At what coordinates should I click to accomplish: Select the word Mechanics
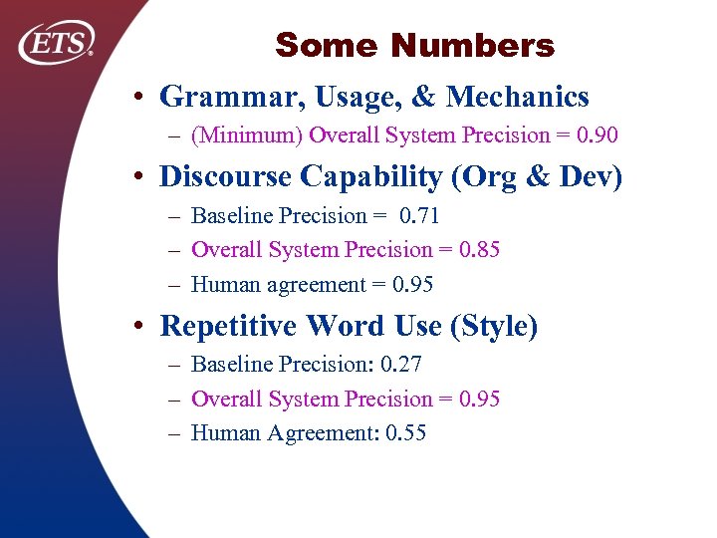[x=518, y=97]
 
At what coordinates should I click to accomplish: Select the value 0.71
[x=419, y=215]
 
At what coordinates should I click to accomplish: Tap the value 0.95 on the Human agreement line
[x=412, y=285]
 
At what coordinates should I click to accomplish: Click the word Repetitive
[x=229, y=326]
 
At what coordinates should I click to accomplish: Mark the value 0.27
[x=400, y=365]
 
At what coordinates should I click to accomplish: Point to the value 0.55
[x=404, y=433]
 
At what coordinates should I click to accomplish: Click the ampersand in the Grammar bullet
[x=422, y=97]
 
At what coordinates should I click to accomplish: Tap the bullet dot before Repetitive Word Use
[x=142, y=327]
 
